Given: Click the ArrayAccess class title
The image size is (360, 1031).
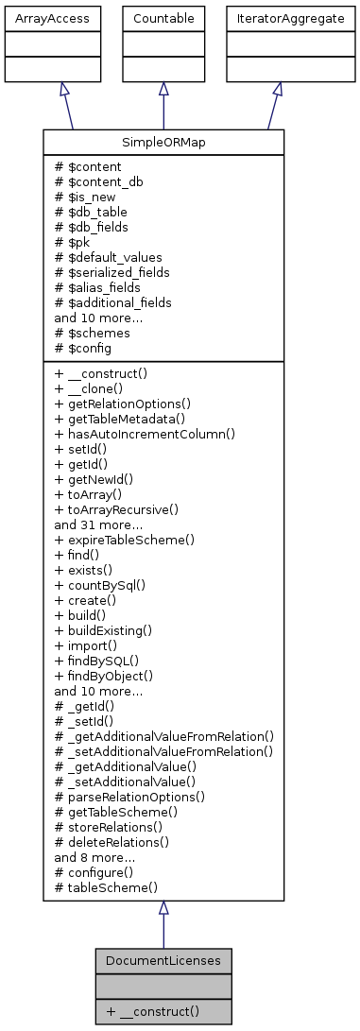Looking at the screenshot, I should click(x=39, y=18).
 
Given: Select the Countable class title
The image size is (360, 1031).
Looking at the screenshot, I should click(x=163, y=18).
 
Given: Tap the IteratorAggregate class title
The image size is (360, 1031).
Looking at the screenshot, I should click(x=276, y=18).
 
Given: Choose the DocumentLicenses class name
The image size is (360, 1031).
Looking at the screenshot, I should click(x=163, y=960).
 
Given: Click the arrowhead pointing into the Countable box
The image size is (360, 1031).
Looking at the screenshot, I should click(x=163, y=88).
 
